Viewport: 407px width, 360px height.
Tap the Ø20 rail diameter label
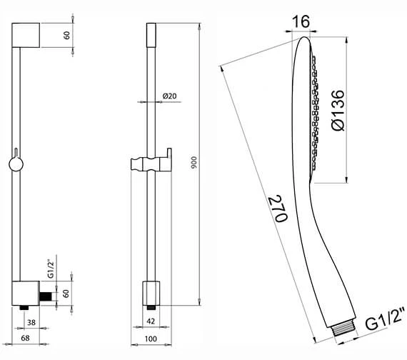[169, 96]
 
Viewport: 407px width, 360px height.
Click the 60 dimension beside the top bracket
[66, 35]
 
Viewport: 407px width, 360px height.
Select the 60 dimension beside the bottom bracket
[66, 293]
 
